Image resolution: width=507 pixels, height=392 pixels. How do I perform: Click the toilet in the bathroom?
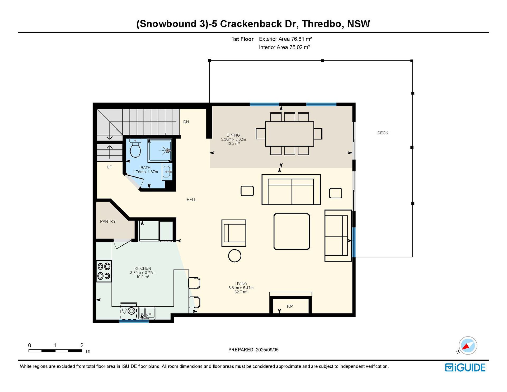[x=135, y=148]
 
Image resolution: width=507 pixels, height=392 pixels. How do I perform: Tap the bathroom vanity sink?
[x=167, y=172]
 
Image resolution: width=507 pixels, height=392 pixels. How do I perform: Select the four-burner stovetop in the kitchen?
[x=104, y=271]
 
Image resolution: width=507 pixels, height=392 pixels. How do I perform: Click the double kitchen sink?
[x=147, y=313]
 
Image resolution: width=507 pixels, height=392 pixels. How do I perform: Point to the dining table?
[x=289, y=134]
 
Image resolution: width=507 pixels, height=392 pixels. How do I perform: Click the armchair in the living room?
[x=234, y=233]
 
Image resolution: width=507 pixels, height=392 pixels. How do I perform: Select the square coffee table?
[x=292, y=231]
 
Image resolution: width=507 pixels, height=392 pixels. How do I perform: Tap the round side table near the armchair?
[x=234, y=256]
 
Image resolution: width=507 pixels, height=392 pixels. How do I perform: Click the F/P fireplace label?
[x=290, y=306]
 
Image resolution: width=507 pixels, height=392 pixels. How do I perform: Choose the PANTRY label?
[x=108, y=221]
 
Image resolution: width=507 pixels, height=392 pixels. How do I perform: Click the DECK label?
[x=383, y=133]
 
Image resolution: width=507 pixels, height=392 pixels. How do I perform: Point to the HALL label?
[x=191, y=200]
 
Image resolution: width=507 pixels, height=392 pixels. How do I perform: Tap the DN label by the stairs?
[x=186, y=122]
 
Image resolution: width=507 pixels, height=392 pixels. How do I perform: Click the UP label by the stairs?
[x=109, y=167]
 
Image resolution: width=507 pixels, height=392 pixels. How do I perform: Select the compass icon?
[x=468, y=345]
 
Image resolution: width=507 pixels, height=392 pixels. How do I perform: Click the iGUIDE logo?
[x=465, y=368]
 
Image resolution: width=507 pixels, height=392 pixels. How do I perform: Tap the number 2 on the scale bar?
[x=82, y=345]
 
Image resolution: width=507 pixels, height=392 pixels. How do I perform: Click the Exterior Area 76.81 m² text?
[x=285, y=39]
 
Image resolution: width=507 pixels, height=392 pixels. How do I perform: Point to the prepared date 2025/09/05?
[x=267, y=350]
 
